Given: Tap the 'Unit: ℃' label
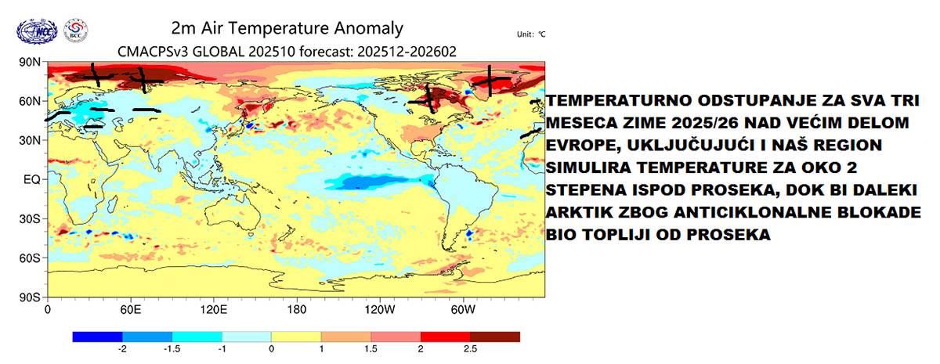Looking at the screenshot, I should point(530,34).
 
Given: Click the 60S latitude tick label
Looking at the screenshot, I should point(29,258).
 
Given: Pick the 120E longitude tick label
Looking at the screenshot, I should point(214,309).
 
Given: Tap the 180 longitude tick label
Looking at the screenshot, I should point(296,309).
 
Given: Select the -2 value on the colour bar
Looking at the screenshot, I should point(122,348).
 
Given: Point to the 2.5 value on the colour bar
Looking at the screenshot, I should point(470,348).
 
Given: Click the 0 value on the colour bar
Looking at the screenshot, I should point(271,348).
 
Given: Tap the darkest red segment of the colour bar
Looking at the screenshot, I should point(494,336).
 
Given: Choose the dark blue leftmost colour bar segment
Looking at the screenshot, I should point(97,336).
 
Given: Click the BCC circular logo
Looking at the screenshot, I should point(76,31).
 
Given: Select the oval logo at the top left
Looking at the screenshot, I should point(37,31).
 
